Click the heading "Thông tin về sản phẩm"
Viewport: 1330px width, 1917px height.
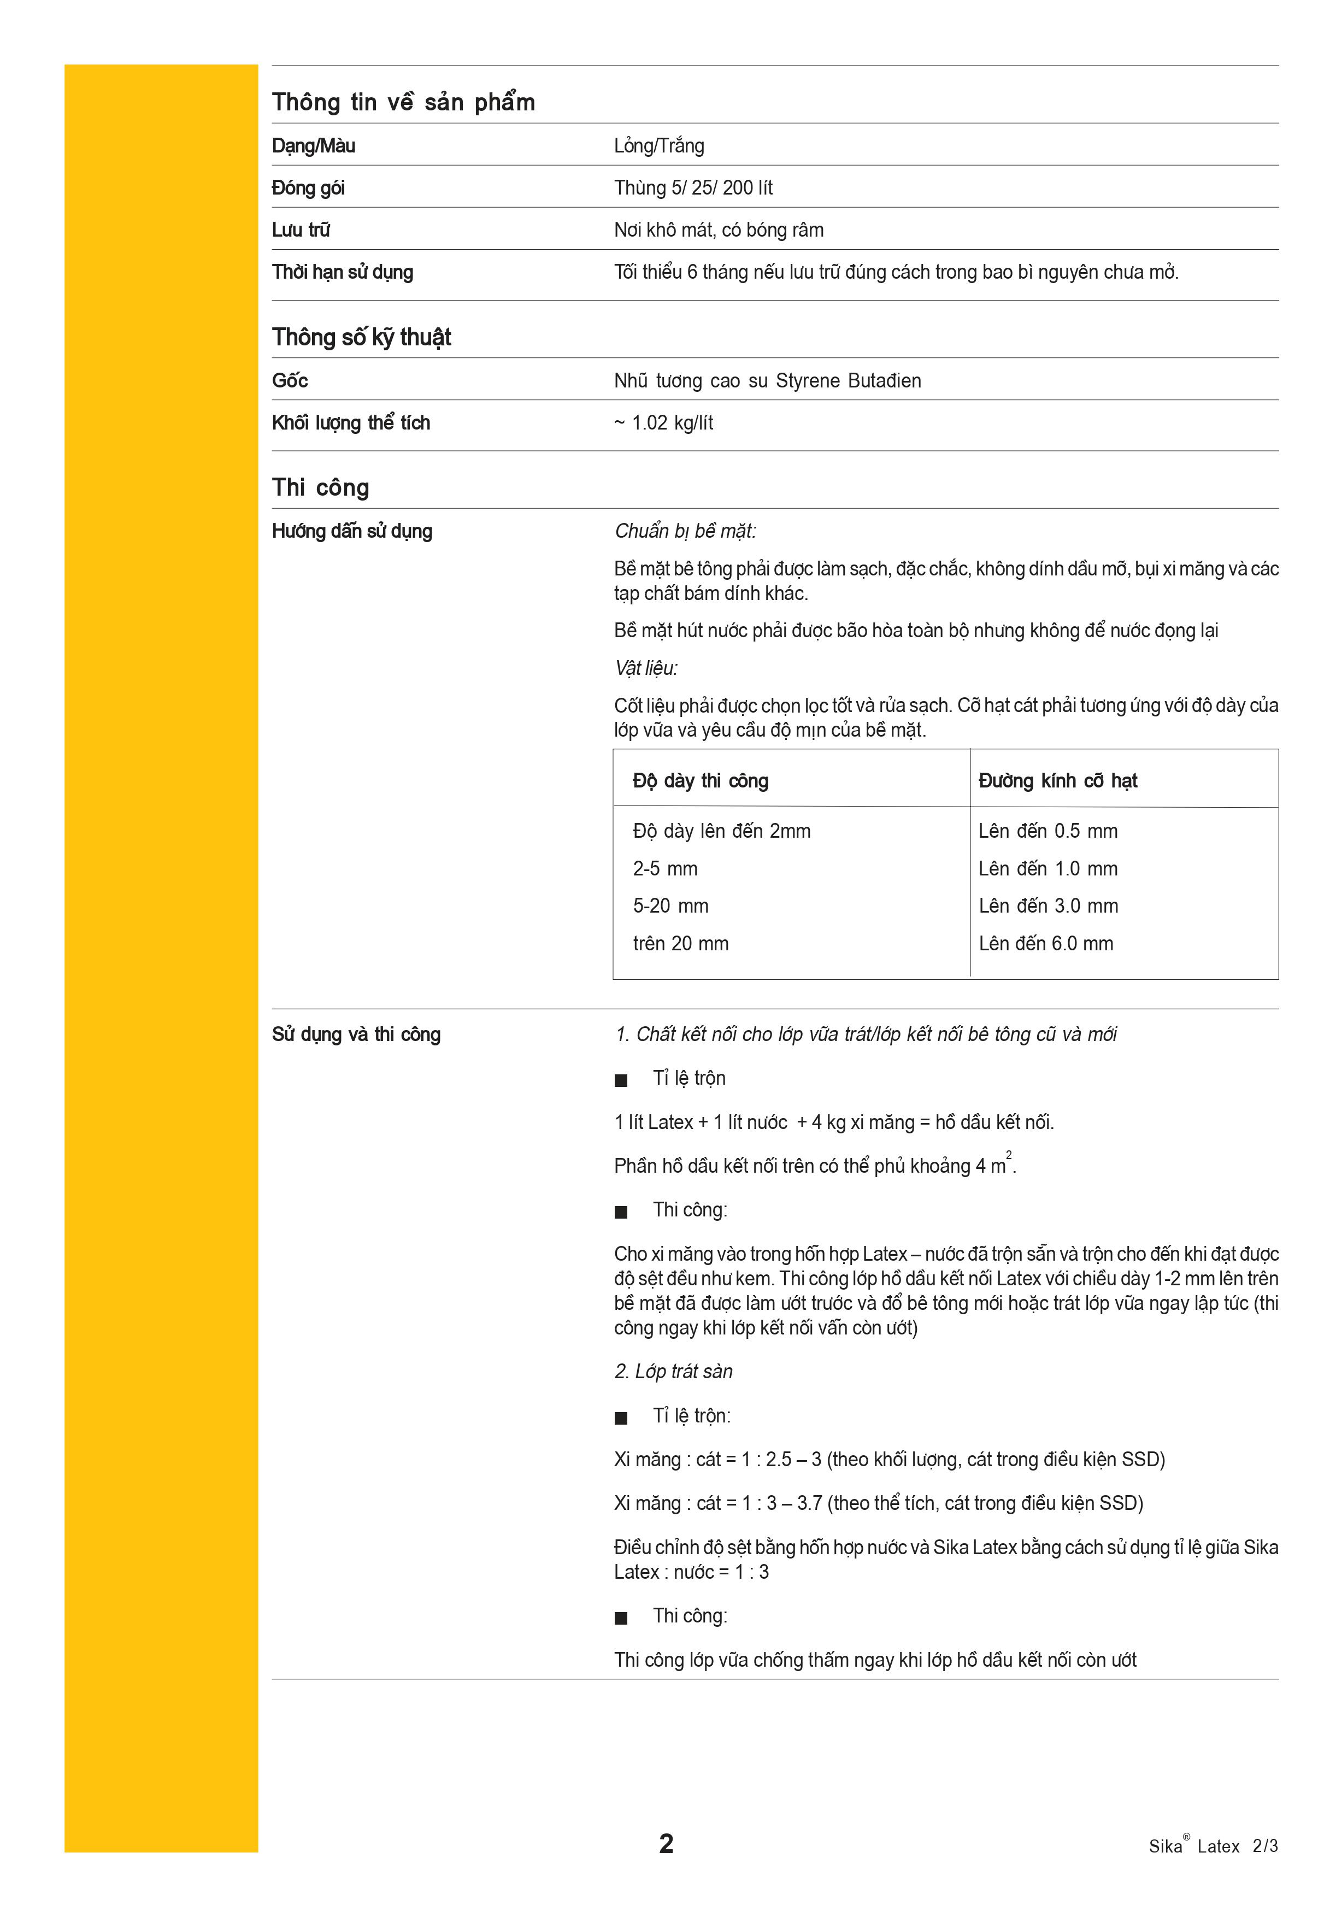coord(403,103)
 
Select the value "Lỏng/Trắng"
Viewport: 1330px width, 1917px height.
coord(658,146)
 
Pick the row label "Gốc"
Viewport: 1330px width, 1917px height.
coord(290,381)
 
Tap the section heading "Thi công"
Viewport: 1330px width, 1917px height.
coord(320,487)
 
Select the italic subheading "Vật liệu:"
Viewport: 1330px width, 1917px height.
coord(646,668)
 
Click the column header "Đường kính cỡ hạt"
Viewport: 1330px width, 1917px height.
coord(1057,781)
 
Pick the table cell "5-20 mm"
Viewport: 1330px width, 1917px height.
coord(670,906)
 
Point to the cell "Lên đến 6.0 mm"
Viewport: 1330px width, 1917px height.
coord(1046,944)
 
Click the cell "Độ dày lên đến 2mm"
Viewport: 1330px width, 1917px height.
coord(721,831)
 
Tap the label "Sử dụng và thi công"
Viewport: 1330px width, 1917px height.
coord(356,1034)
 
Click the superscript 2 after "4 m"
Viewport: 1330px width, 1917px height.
coord(1008,1155)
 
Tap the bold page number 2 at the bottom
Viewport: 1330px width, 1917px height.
coord(666,1844)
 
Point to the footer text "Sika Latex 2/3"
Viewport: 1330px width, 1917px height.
coord(1213,1845)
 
